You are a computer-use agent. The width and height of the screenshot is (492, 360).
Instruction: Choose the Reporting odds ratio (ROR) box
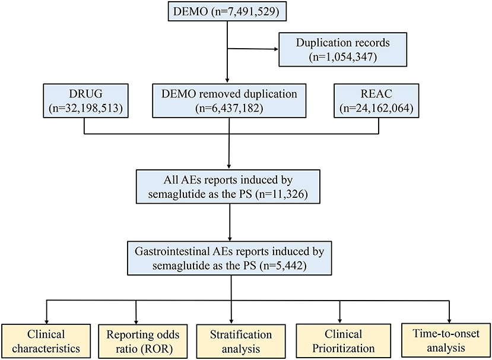tap(137, 341)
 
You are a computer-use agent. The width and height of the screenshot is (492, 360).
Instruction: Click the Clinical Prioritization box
tap(339, 341)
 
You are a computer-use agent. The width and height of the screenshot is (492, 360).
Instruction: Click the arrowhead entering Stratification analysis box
tap(230, 320)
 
